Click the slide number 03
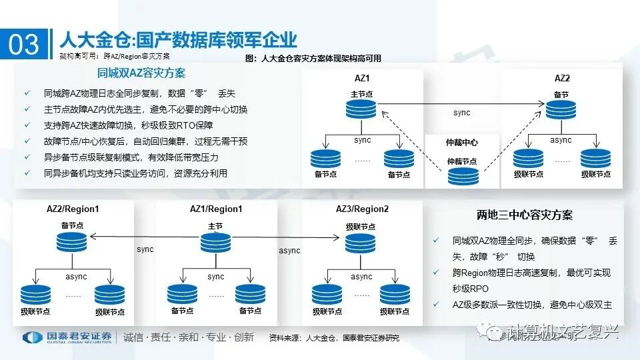(x=24, y=45)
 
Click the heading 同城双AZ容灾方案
(x=141, y=73)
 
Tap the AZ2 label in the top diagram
(x=562, y=78)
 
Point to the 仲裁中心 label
(x=461, y=143)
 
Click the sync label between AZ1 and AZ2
(x=461, y=113)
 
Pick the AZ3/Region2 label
(x=362, y=209)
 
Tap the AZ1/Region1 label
(x=216, y=209)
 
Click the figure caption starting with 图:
(x=313, y=59)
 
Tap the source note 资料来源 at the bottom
(x=333, y=338)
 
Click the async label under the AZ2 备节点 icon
(x=561, y=141)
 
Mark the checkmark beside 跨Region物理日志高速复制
(x=435, y=273)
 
